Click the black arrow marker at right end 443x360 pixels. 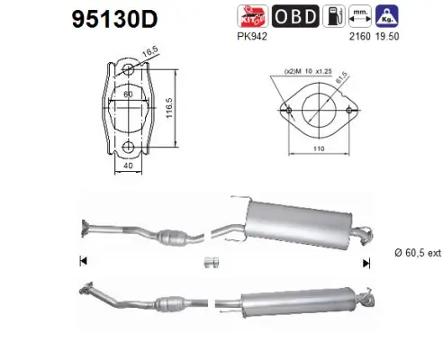366,262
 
